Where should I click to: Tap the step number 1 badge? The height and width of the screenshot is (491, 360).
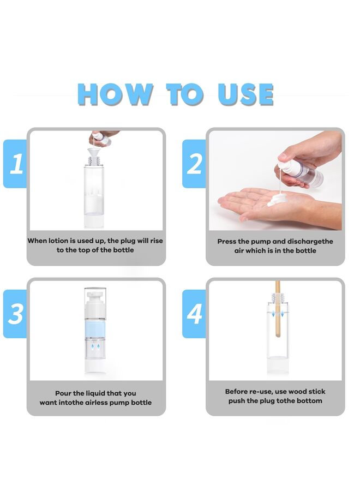[16, 164]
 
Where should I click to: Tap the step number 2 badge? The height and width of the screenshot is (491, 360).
[194, 164]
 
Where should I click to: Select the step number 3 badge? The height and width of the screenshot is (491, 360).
[16, 314]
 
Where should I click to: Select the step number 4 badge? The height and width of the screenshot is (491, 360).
[194, 314]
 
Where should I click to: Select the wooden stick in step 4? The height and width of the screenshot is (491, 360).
[277, 316]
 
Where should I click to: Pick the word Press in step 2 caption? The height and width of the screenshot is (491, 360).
[227, 241]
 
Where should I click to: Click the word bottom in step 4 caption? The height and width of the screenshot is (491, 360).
[309, 401]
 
